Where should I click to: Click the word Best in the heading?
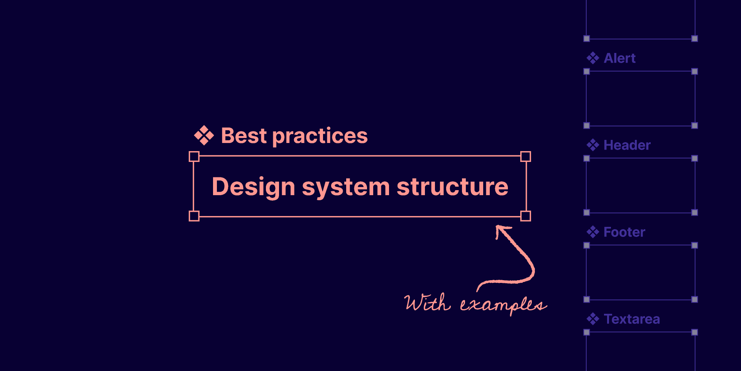244,136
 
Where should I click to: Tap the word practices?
320,136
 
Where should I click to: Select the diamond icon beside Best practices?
204,136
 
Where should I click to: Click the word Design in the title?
254,187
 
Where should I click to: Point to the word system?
346,187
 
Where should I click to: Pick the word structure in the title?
452,187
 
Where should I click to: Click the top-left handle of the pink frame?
194,157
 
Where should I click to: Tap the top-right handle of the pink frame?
526,157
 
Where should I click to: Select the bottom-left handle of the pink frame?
194,216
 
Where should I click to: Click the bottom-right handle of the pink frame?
526,216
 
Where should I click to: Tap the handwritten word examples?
503,305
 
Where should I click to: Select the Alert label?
619,58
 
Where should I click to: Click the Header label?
627,145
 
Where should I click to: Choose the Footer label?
624,232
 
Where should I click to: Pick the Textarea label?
631,319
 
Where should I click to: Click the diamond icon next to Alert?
593,58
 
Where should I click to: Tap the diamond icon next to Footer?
593,232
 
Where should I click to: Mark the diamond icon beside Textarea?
593,319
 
